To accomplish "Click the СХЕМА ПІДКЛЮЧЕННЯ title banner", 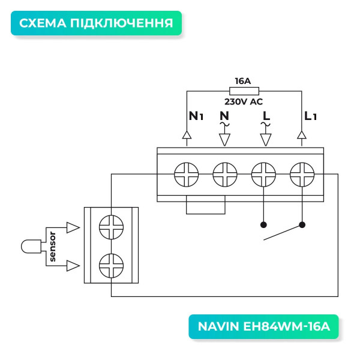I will pyautogui.click(x=96, y=24).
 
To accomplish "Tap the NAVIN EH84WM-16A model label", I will pyautogui.click(x=264, y=327).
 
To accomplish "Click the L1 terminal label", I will pyautogui.click(x=310, y=116).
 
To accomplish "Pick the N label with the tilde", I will pyautogui.click(x=224, y=117).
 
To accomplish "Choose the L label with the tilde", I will pyautogui.click(x=264, y=117).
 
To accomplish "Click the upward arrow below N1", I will pyautogui.click(x=187, y=137).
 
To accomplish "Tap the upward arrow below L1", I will pyautogui.click(x=302, y=137).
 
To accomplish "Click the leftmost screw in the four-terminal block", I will pyautogui.click(x=187, y=175).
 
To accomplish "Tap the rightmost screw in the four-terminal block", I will pyautogui.click(x=302, y=175).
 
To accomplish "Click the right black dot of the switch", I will pyautogui.click(x=302, y=226).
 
